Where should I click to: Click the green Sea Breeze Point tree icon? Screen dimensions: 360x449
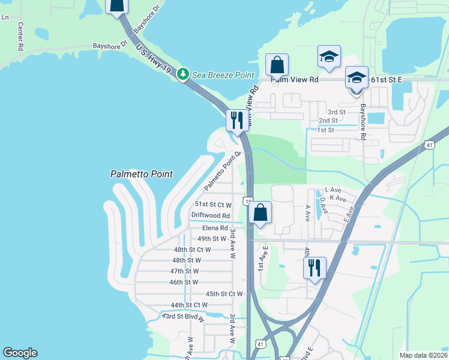pyautogui.click(x=185, y=75)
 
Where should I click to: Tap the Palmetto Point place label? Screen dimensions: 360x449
pyautogui.click(x=141, y=174)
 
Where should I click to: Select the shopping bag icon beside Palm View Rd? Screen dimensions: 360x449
pyautogui.click(x=277, y=64)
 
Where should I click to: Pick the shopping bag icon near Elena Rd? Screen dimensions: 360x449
pyautogui.click(x=260, y=212)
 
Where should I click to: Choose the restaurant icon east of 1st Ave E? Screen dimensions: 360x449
pyautogui.click(x=315, y=268)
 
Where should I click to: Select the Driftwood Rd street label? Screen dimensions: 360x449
pyautogui.click(x=211, y=215)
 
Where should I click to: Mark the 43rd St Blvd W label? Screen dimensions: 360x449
pyautogui.click(x=183, y=317)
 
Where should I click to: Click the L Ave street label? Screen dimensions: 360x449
pyautogui.click(x=333, y=190)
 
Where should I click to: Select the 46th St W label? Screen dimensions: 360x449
pyautogui.click(x=184, y=282)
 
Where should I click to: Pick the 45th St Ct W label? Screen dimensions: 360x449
pyautogui.click(x=224, y=294)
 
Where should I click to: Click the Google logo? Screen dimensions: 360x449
pyautogui.click(x=20, y=353)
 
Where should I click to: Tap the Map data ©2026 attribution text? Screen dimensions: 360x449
pyautogui.click(x=423, y=355)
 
